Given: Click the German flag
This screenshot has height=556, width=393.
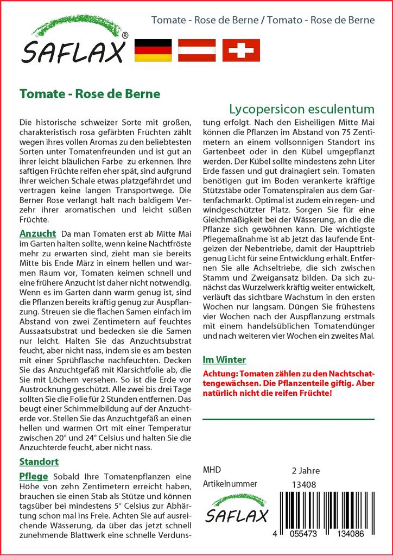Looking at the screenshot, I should pos(152,50).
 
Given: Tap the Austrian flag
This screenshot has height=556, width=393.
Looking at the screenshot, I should pos(196,50).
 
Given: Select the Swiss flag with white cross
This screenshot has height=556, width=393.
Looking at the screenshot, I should pos(241,50).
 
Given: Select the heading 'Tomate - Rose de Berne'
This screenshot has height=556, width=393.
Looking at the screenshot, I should pos(90,93).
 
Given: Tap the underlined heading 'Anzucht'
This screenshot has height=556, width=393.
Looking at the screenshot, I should pos(37,233).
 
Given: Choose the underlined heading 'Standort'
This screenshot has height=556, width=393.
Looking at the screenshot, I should pos(39,462).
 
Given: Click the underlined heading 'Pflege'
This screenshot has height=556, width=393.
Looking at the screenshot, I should pos(34,476).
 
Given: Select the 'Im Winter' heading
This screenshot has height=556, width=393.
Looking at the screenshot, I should pos(224,359).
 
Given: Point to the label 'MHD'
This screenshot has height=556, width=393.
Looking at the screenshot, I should pos(212,470).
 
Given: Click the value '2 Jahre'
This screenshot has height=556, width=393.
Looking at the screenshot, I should pos(306,470).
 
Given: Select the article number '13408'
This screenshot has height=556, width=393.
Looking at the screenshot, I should pos(303,484).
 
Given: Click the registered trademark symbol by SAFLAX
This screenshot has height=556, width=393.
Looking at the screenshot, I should pos(125,35).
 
